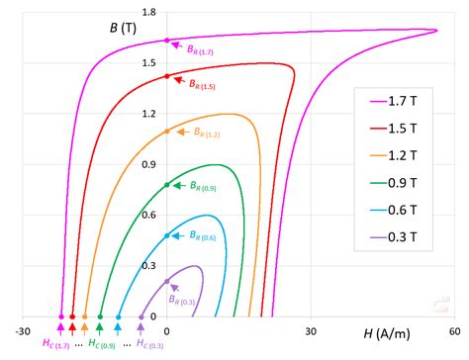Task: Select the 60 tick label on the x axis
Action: [x=453, y=332]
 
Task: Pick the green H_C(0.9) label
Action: [x=102, y=344]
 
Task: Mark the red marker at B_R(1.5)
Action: [x=167, y=76]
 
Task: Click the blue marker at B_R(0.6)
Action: [x=167, y=235]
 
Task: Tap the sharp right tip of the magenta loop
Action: [x=436, y=30]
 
